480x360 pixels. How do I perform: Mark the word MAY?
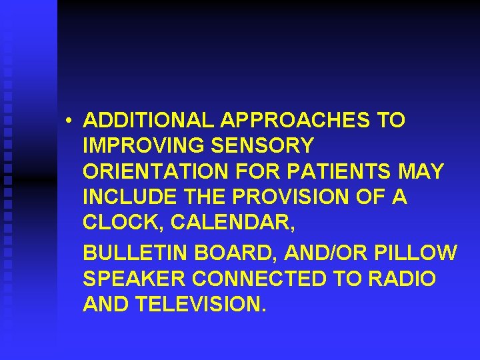click(x=421, y=171)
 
